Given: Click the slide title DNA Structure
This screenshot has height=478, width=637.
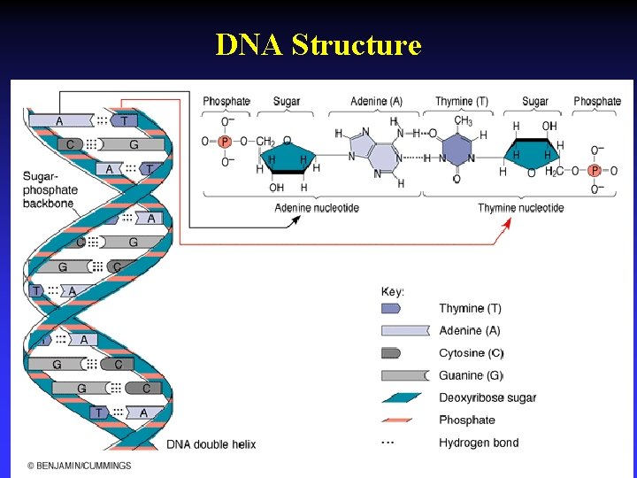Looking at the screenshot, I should click(318, 44).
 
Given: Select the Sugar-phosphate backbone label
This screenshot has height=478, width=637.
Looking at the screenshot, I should click(50, 189).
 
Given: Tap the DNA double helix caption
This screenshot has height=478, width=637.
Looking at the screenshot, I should click(211, 443).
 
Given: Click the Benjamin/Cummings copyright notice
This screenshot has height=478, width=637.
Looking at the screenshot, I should click(79, 466).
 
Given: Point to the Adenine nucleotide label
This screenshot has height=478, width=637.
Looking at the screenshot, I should click(318, 208).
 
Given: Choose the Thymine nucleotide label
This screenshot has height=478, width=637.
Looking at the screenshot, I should click(520, 208).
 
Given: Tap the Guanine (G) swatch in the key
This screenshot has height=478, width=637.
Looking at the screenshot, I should click(403, 375).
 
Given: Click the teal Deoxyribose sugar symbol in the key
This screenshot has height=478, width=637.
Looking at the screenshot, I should click(403, 397).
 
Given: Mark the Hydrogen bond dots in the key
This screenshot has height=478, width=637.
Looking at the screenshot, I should click(388, 442).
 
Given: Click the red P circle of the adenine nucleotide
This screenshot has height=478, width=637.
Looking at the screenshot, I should click(224, 142).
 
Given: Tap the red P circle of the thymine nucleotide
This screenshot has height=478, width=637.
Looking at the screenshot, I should click(595, 171).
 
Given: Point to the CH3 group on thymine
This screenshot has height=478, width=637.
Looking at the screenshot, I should click(463, 121).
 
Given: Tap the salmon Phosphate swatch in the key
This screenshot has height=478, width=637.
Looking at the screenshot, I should click(403, 420).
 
